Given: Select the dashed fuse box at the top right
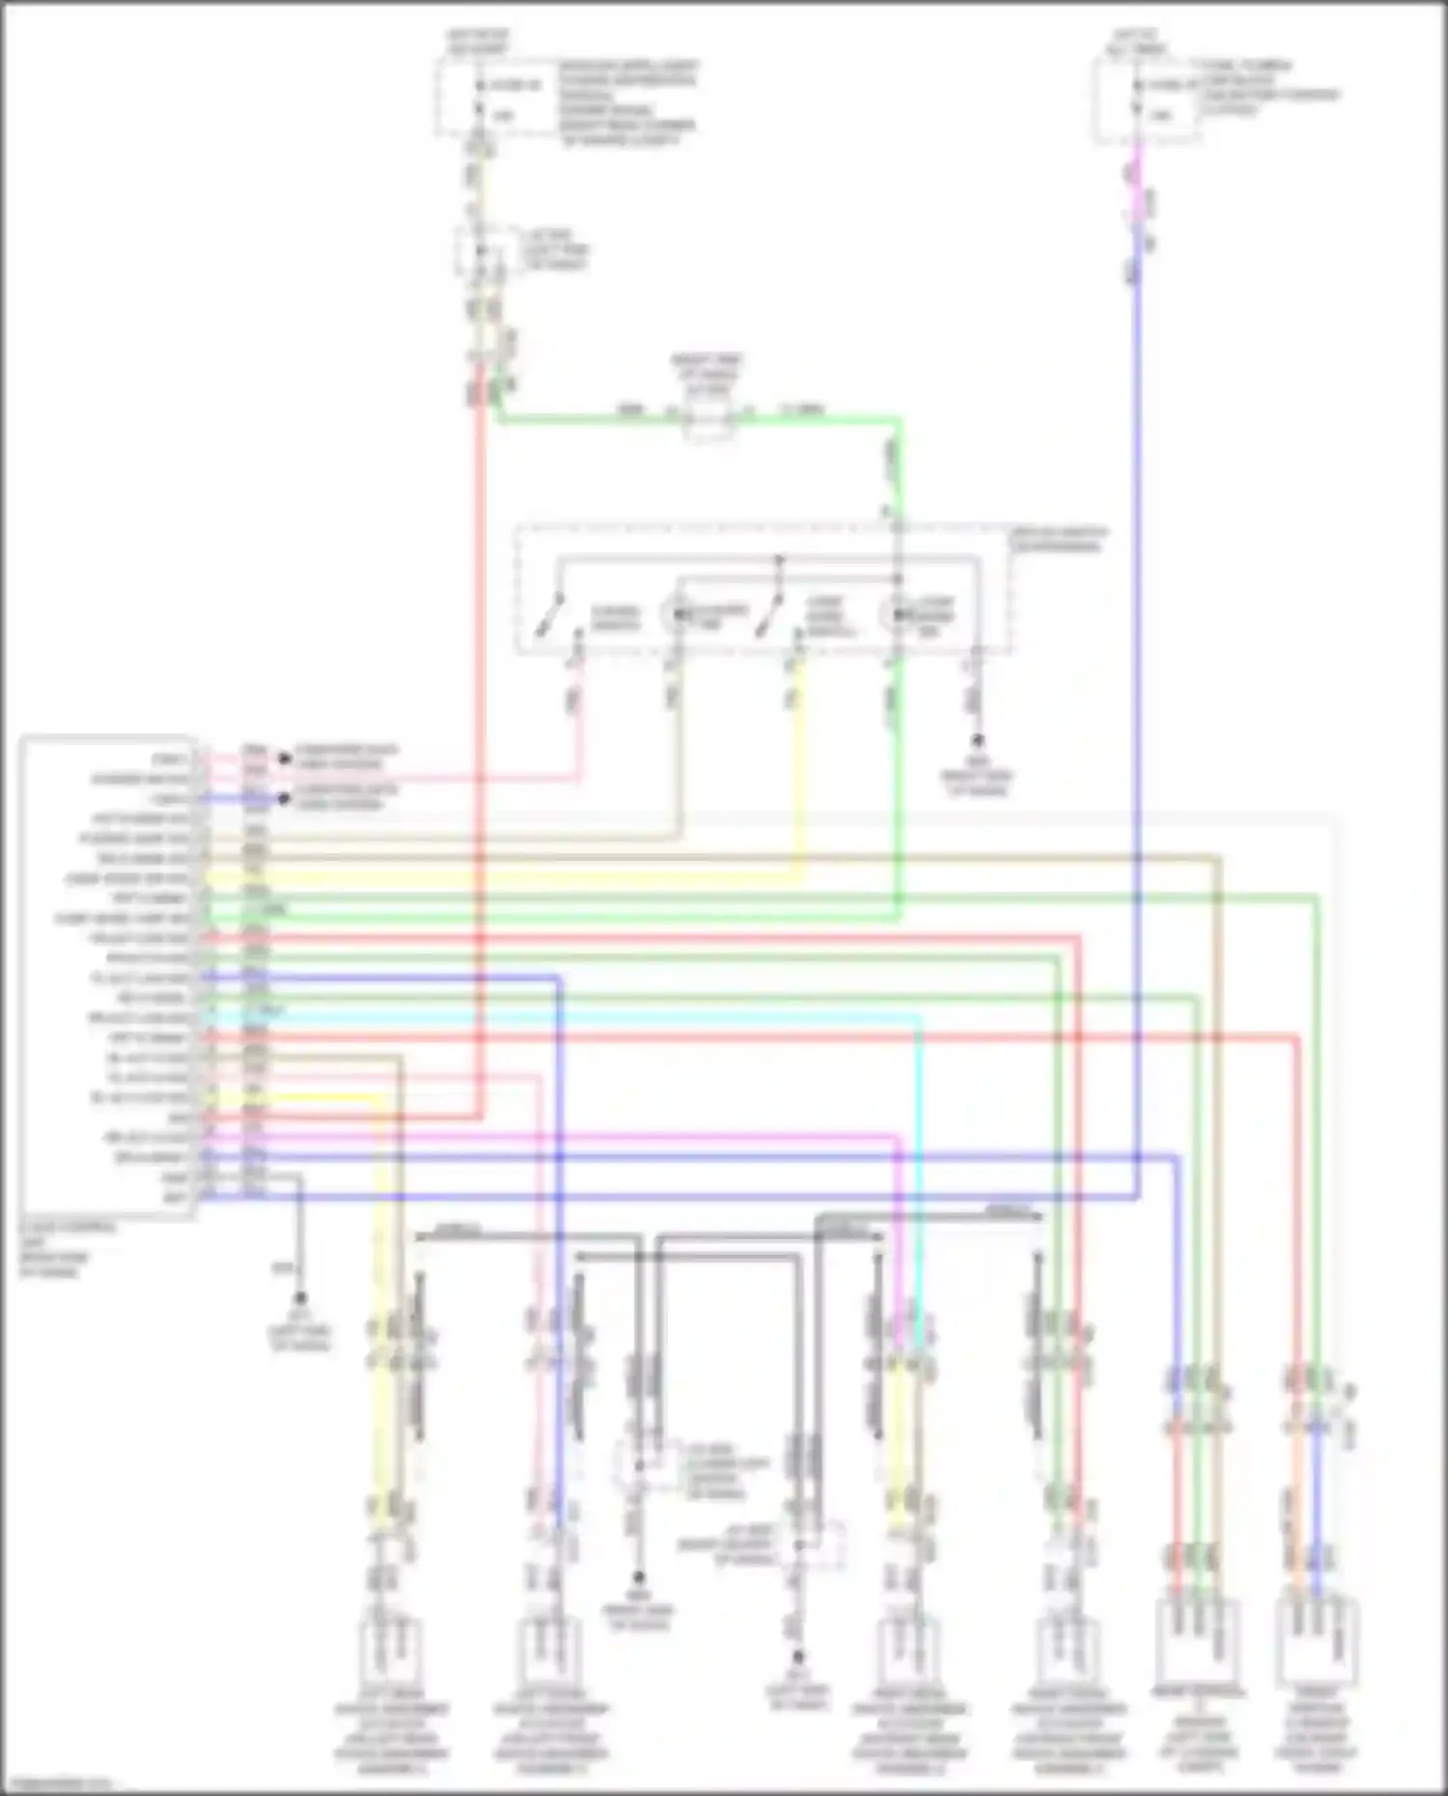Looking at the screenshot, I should pyautogui.click(x=1147, y=100).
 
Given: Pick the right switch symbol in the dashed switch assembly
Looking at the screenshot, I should pyautogui.click(x=769, y=616).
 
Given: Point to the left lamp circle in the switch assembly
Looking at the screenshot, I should pyautogui.click(x=675, y=614).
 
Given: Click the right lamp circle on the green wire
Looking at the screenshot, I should pyautogui.click(x=895, y=614).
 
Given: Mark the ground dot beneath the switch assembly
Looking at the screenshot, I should pyautogui.click(x=977, y=741).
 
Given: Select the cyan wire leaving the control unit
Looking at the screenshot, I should pyautogui.click(x=579, y=1017).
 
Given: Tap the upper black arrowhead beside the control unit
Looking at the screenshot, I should pyautogui.click(x=284, y=759).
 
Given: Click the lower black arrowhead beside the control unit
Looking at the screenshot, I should pyautogui.click(x=284, y=799).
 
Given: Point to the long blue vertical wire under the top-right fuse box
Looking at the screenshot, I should pyautogui.click(x=1139, y=676).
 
